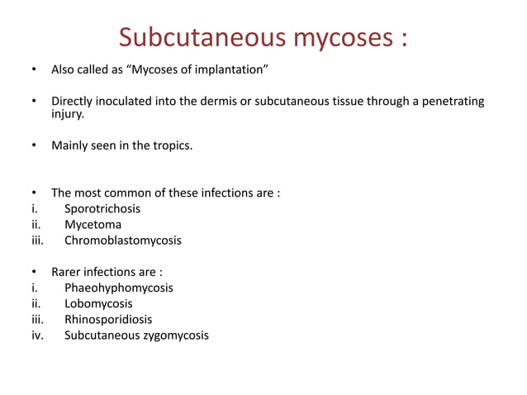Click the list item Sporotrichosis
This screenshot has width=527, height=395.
click(102, 209)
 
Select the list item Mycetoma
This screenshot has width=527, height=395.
click(93, 225)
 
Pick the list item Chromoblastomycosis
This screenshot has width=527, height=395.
click(122, 240)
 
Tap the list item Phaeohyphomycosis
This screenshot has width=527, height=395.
click(119, 288)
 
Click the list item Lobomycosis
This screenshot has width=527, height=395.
click(98, 303)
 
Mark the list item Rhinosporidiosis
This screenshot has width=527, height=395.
click(108, 319)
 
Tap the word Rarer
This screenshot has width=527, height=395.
click(69, 272)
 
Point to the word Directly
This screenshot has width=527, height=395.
click(74, 102)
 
